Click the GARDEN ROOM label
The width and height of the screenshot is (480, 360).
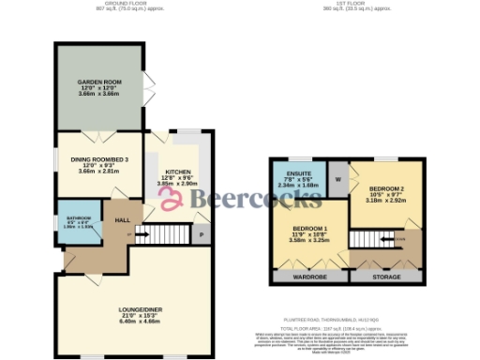[98, 82]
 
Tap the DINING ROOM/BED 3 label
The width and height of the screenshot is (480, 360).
[98, 160]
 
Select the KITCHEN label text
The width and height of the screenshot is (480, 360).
[177, 172]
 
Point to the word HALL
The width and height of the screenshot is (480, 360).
[122, 219]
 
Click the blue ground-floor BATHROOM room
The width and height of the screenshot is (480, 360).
[78, 223]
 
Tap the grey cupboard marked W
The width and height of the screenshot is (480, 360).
[336, 179]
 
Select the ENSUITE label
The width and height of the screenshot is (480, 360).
[300, 174]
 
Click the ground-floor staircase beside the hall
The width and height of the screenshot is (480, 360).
[169, 234]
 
